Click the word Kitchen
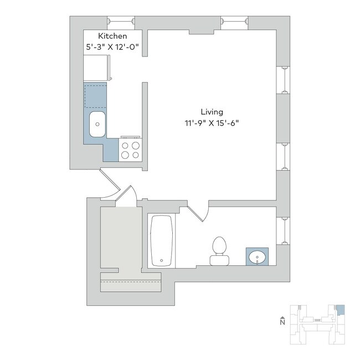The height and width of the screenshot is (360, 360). click(109, 37)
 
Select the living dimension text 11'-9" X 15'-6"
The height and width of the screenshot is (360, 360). click(212, 124)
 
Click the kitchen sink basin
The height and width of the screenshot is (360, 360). click(97, 125)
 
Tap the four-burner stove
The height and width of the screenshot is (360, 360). click(131, 150)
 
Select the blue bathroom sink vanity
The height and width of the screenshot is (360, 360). click(258, 256)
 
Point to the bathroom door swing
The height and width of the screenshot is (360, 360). click(198, 213)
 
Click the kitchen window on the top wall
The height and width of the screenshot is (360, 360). click(121, 21)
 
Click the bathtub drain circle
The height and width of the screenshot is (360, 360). click(161, 259)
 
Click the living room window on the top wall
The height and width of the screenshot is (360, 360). click(234, 21)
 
